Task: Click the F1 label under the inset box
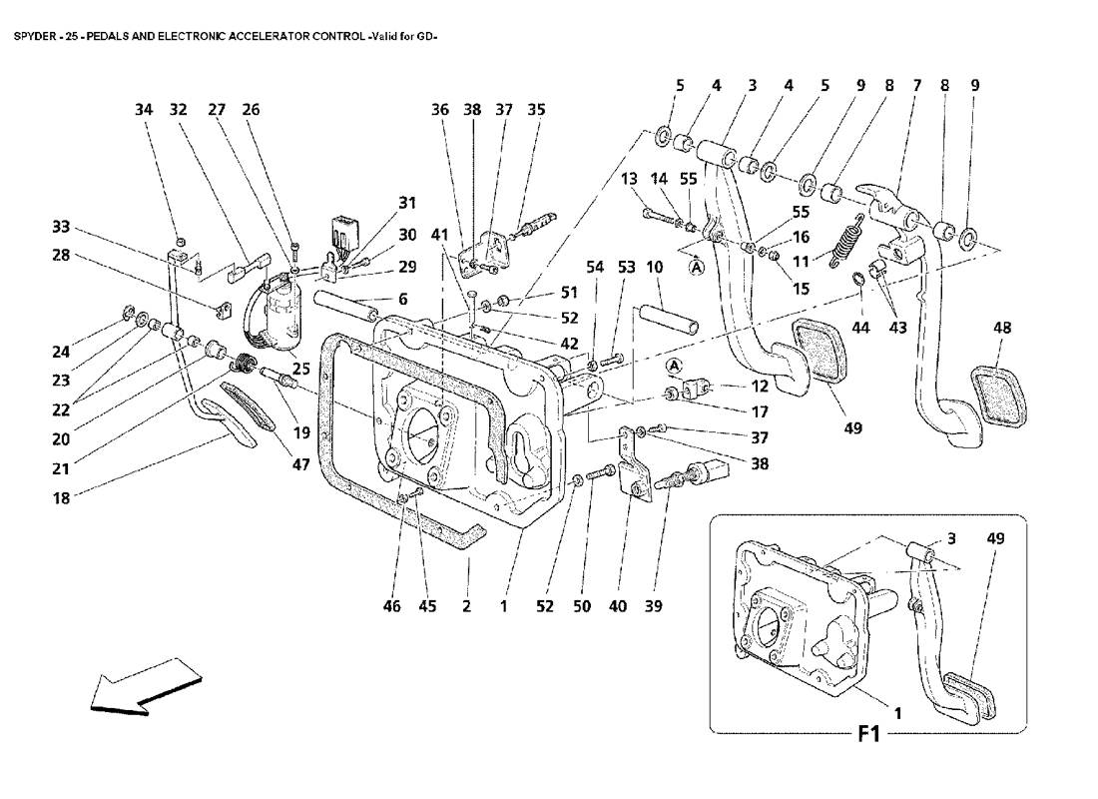(869, 734)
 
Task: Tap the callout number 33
(61, 227)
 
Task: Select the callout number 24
(61, 352)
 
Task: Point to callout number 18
(61, 498)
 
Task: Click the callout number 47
(300, 464)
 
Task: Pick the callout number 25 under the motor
(300, 369)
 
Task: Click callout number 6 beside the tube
(402, 300)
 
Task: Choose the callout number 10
(654, 267)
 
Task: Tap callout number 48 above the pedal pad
(1002, 328)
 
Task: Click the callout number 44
(860, 328)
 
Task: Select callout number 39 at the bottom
(654, 606)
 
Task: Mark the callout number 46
(391, 606)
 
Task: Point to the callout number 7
(916, 86)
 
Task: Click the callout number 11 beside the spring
(801, 262)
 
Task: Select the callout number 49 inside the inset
(995, 538)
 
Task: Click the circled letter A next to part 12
(674, 366)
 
